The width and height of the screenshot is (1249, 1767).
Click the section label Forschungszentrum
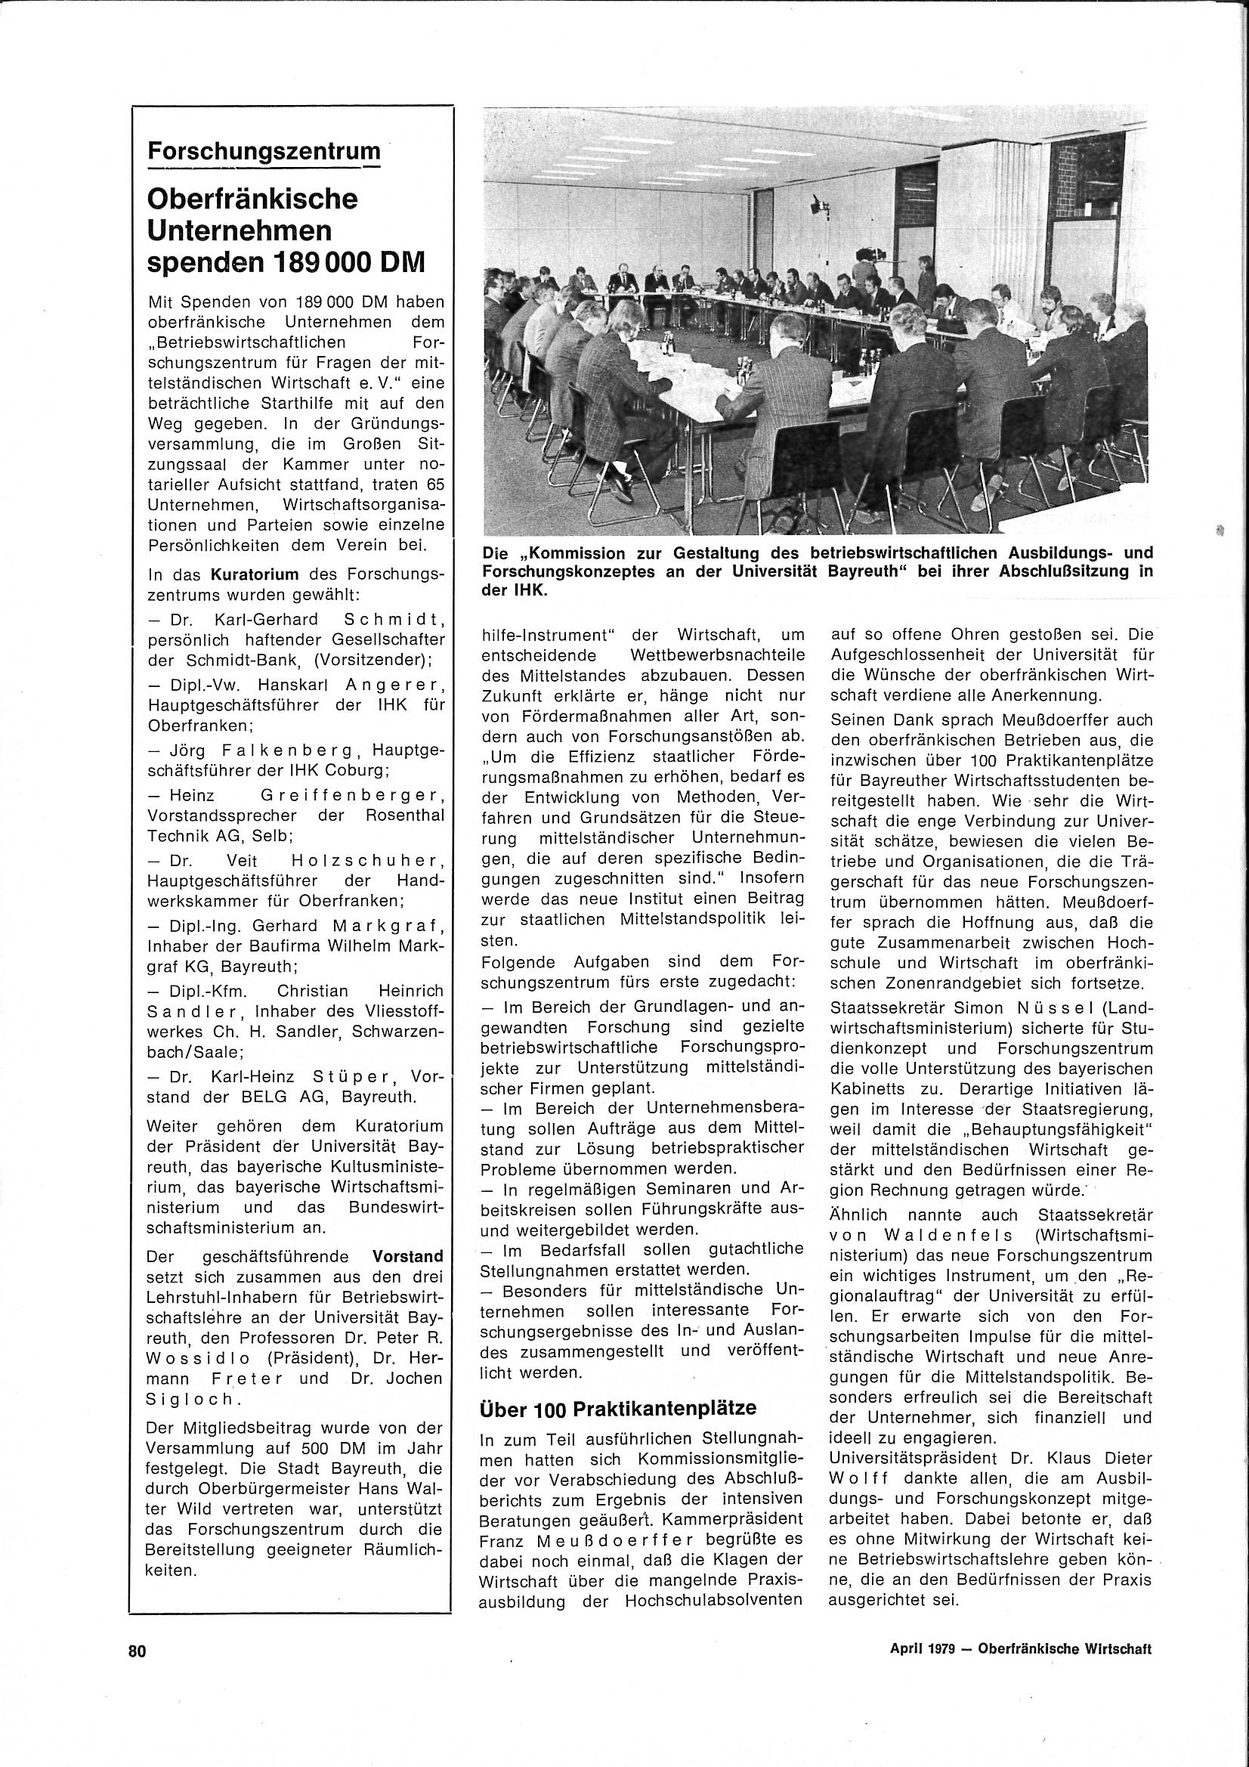click(x=264, y=151)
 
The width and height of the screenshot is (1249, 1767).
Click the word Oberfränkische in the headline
click(x=252, y=200)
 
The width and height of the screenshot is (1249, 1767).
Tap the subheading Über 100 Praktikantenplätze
click(x=618, y=1407)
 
